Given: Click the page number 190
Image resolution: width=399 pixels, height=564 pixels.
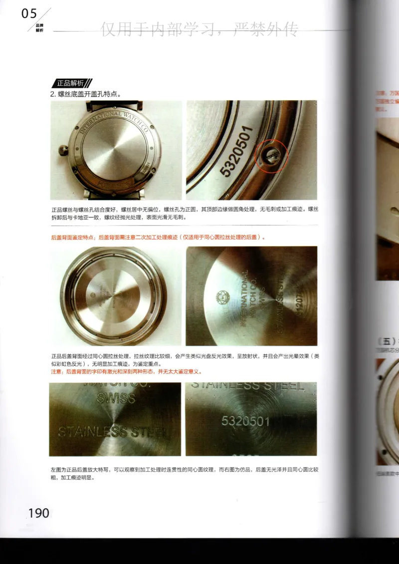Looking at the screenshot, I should coord(38,513).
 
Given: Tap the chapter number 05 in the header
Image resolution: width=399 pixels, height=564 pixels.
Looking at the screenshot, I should coord(29,14).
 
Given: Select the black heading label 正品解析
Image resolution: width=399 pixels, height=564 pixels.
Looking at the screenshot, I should coord(70,83).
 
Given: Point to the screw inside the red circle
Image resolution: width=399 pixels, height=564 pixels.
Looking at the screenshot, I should coord(269,153).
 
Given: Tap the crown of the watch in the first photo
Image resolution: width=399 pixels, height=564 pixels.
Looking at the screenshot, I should coord(63,150).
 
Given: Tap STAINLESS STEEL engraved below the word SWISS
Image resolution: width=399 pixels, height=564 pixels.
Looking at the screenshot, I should coord(114,431).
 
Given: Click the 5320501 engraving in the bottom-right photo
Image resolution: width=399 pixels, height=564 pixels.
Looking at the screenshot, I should coord(245,422).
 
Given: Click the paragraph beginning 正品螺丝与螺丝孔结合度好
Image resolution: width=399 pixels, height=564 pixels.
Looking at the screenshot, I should coord(184,213).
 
